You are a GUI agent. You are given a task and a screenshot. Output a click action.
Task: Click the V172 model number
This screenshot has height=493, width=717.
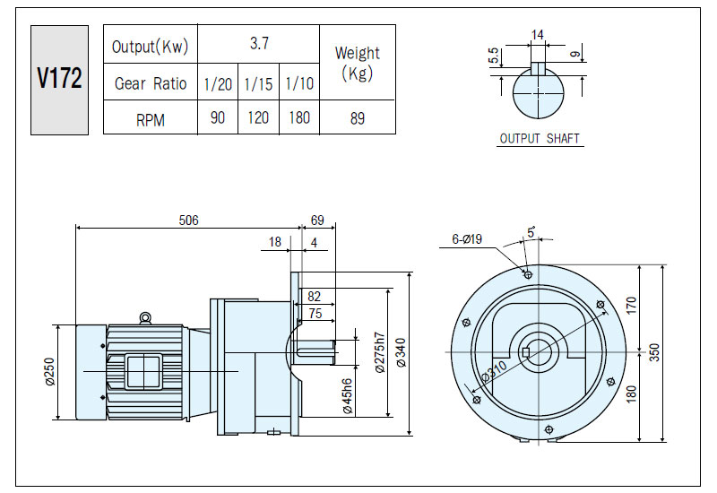59,78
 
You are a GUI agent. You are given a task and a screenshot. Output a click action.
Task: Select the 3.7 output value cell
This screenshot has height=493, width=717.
259,43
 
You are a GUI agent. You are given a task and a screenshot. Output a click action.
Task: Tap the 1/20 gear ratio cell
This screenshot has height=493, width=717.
218,83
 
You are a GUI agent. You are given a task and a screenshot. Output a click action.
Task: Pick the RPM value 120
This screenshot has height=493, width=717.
258,117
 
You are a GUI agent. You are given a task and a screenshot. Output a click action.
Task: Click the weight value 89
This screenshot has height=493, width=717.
357,118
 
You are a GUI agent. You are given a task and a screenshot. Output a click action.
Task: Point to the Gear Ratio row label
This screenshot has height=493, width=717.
151,83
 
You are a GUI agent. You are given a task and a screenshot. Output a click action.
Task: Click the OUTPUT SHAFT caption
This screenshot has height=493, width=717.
540,138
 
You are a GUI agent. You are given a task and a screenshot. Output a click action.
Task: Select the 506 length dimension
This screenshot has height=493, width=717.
188,220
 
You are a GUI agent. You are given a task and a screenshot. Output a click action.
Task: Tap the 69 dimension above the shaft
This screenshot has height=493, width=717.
317,220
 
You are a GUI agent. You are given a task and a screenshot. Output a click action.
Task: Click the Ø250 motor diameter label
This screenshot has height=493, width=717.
50,371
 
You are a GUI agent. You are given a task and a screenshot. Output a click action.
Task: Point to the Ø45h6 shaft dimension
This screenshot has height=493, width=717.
348,396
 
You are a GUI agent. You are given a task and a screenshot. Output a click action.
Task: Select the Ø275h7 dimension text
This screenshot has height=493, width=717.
380,352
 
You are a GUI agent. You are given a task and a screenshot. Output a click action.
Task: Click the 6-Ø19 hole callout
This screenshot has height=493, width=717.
467,238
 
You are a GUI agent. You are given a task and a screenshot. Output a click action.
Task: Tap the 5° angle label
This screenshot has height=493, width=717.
531,232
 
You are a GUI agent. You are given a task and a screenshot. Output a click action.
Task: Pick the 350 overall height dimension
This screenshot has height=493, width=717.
654,352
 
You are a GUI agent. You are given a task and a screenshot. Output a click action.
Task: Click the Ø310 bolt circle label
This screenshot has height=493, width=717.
495,371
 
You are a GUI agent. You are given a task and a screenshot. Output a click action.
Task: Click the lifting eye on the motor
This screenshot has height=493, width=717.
145,317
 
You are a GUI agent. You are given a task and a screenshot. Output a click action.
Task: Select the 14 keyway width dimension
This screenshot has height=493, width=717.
537,35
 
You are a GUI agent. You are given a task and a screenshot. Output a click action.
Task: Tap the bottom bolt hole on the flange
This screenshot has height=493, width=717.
549,429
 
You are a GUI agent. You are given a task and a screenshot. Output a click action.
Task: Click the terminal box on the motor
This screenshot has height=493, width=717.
143,372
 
